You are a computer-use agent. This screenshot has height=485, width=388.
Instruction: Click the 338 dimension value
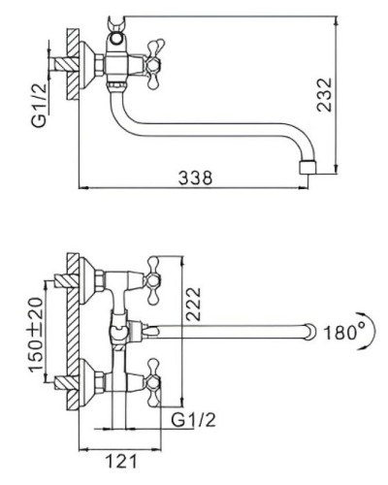point(195,178)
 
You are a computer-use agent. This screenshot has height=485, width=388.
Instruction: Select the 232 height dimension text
point(324,95)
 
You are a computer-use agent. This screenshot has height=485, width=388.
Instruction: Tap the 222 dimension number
point(193,304)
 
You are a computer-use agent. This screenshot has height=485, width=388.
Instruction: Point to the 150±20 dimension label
point(36,335)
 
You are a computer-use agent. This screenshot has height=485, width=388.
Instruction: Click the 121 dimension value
point(121,461)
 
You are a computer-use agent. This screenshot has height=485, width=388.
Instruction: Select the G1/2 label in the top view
point(39,105)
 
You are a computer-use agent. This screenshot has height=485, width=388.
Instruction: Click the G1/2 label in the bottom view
point(193,420)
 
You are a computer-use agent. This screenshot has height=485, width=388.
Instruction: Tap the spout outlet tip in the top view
point(308,167)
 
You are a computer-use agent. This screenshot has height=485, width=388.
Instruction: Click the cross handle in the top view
point(154,64)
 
